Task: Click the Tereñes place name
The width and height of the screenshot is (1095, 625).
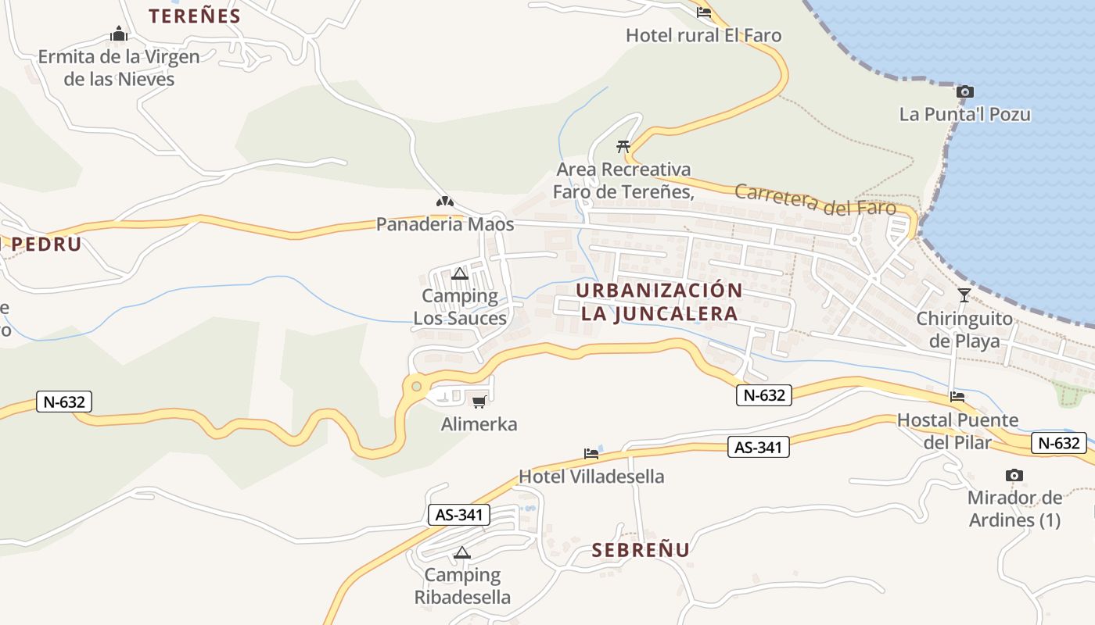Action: pyautogui.click(x=195, y=16)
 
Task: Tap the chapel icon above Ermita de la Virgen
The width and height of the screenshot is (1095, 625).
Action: pyautogui.click(x=119, y=34)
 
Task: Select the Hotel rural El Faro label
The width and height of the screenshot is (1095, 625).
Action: pyautogui.click(x=703, y=35)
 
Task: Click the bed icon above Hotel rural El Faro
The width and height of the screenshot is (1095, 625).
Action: pyautogui.click(x=703, y=12)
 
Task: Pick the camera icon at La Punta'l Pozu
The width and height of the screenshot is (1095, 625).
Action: pyautogui.click(x=965, y=92)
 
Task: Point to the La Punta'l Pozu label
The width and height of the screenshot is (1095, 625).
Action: pyautogui.click(x=964, y=114)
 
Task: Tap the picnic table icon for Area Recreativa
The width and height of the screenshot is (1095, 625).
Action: pyautogui.click(x=623, y=146)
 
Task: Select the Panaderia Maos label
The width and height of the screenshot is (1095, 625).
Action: pyautogui.click(x=445, y=224)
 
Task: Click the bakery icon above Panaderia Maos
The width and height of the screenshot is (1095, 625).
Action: pyautogui.click(x=444, y=202)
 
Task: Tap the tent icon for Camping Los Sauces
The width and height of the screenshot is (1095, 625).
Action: pyautogui.click(x=460, y=273)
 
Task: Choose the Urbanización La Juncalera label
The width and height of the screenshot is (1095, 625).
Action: pyautogui.click(x=659, y=302)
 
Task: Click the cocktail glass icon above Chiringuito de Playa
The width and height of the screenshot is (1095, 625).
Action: pyautogui.click(x=964, y=295)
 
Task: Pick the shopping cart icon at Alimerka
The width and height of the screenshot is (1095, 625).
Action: pyautogui.click(x=479, y=402)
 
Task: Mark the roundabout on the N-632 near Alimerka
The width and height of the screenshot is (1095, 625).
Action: pyautogui.click(x=416, y=385)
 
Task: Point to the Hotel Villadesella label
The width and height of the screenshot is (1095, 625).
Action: pyautogui.click(x=591, y=477)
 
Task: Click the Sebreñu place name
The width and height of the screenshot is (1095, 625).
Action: pyautogui.click(x=641, y=550)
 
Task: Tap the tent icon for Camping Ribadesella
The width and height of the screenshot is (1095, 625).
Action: pyautogui.click(x=462, y=553)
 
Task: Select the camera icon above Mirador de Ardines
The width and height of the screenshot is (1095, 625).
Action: pyautogui.click(x=1014, y=475)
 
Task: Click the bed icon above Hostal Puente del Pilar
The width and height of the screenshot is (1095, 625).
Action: pyautogui.click(x=957, y=397)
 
